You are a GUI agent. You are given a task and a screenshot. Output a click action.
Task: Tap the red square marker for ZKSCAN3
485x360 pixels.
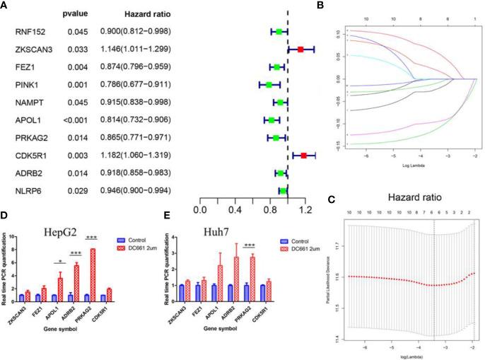(x=300, y=50)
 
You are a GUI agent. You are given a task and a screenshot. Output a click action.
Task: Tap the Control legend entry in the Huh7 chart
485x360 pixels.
(x=296, y=238)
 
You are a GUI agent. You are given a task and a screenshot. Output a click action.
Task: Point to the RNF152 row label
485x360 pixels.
(x=29, y=32)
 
